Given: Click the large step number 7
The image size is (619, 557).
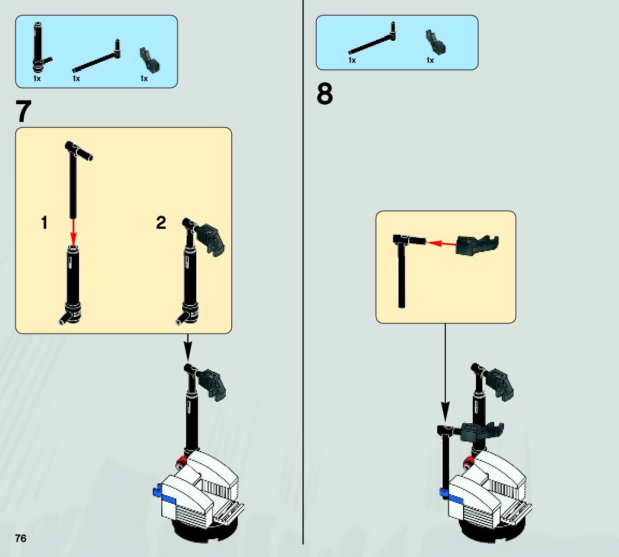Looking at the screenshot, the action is pos(24,112).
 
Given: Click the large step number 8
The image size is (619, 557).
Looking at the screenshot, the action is pos(325,95).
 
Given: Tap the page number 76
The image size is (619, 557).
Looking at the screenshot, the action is pos(20,539).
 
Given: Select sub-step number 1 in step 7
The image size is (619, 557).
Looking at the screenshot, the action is pos(44,223).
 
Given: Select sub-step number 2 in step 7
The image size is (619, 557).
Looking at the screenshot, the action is pos(161,223).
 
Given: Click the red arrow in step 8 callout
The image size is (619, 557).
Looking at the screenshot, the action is pos(441,243).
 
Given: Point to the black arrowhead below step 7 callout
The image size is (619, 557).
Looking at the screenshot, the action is pos(188,352).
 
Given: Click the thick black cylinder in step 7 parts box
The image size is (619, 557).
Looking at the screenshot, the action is pos(38,48).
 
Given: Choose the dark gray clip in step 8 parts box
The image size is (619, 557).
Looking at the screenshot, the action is pos(435,42).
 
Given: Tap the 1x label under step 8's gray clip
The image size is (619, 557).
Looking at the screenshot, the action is pos(430,61).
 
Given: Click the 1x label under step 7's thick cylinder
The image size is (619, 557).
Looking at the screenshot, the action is pos(37,78).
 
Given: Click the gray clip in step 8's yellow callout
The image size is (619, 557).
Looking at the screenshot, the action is pos(476,244).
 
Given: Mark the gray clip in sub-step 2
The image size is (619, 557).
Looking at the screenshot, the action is pos(211,238).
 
